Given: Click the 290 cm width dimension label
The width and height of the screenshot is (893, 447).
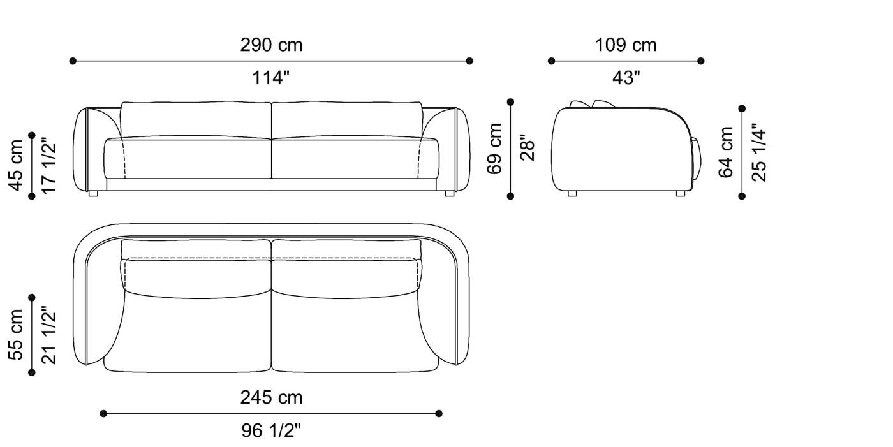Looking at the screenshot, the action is coord(271,45).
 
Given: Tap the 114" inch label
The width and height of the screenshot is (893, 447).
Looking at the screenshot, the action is coord(270,78).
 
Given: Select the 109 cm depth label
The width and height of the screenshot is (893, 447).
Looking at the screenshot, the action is coord(626,45).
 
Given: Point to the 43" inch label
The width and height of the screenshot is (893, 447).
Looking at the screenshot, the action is coord(626,78).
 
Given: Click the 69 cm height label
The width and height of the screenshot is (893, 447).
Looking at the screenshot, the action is coord(494,149).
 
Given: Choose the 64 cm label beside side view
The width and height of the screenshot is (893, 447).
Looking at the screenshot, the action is coord(726,152).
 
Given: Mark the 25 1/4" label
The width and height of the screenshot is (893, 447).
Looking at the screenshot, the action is coord(759,152).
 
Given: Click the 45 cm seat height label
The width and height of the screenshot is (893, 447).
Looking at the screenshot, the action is coord(16,165).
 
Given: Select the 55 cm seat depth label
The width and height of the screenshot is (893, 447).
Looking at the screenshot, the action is coord(16,335).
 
